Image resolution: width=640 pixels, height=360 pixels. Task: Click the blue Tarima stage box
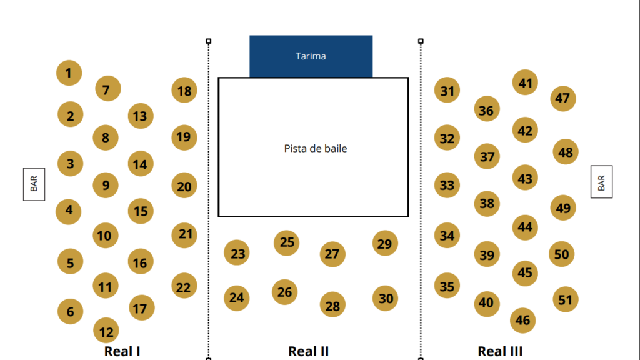click(x=311, y=56)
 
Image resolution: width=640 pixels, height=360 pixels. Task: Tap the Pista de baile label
click(x=316, y=148)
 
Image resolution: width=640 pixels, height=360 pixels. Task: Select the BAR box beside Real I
click(x=34, y=184)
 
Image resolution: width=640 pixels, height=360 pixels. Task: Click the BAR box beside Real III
click(x=602, y=182)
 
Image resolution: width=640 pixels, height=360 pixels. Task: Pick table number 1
click(x=69, y=73)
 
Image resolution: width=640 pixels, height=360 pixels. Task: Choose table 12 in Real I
click(x=106, y=331)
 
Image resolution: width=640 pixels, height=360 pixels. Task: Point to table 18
click(x=184, y=90)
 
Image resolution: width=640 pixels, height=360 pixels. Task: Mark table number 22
click(x=184, y=286)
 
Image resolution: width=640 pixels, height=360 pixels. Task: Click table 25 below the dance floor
click(x=286, y=243)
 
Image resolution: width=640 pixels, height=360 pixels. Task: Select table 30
click(x=385, y=298)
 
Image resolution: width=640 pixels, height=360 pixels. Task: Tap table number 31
click(x=447, y=90)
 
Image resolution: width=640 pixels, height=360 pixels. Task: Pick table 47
click(x=563, y=98)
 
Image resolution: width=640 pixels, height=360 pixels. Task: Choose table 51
click(x=565, y=299)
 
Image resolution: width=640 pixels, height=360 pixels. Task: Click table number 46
click(x=523, y=321)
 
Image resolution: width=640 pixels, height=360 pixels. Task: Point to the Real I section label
click(x=122, y=351)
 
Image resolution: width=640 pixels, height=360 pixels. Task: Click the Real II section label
click(x=309, y=351)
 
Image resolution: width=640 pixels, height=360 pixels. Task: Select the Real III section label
click(x=500, y=351)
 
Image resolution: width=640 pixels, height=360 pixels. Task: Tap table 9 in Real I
click(x=106, y=185)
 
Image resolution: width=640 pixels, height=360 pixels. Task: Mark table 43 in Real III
click(x=525, y=177)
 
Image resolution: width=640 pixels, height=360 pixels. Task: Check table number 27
click(x=332, y=254)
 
